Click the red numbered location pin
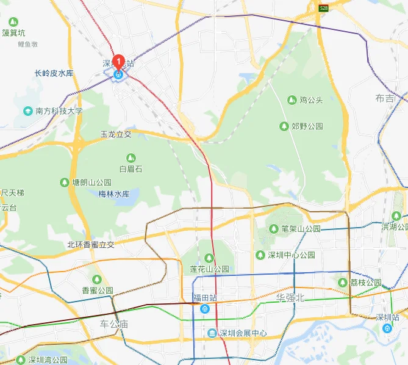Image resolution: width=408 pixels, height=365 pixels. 120,62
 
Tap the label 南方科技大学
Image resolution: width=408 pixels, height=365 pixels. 59,111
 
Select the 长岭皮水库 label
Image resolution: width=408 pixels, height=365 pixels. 54,73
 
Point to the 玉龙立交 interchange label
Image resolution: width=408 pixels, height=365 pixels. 116,134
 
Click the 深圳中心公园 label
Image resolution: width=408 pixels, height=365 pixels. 291,255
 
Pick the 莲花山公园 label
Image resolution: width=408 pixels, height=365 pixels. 209,269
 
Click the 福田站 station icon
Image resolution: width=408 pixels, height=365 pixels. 206,309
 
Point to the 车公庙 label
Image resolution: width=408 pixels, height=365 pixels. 114,324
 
